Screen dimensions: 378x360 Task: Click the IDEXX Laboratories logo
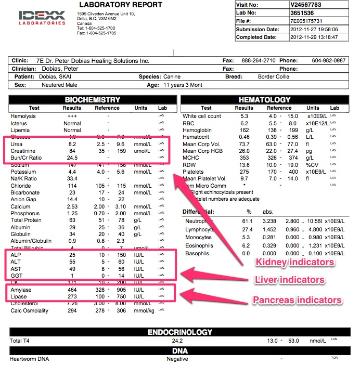pos(42,17)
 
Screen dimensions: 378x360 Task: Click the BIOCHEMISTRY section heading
pos(92,100)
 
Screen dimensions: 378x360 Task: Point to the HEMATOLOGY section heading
pos(264,100)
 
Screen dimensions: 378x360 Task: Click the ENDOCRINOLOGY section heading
pos(180,332)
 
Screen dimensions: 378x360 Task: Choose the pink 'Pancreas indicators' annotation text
pos(297,300)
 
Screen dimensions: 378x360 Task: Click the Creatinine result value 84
pos(72,151)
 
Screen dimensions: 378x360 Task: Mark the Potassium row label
pos(23,172)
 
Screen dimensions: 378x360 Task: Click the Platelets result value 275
pos(244,171)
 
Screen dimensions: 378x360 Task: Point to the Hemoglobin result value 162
pos(244,130)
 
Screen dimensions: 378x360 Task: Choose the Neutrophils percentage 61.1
pos(249,221)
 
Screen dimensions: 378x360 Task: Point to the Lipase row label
pos(19,297)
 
